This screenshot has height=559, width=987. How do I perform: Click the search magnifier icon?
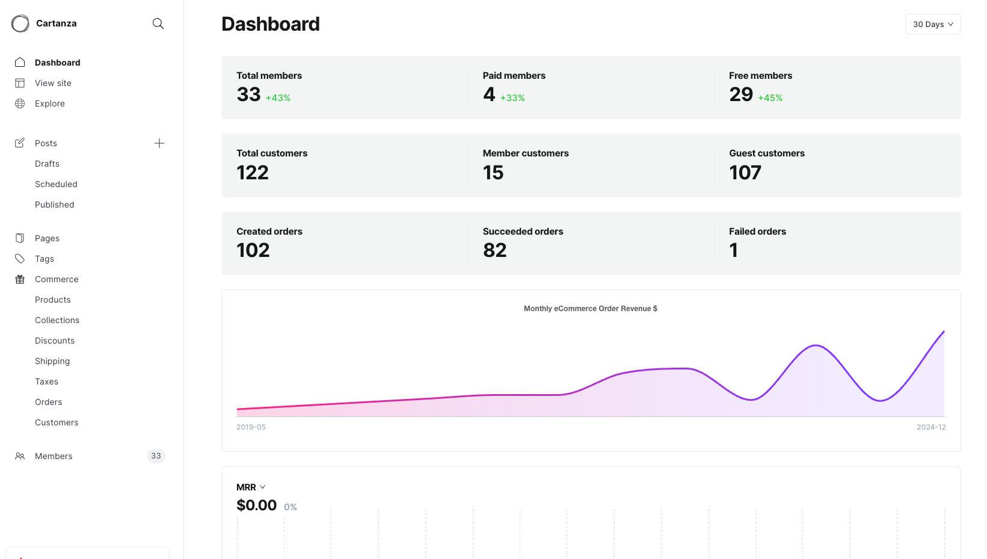pos(158,23)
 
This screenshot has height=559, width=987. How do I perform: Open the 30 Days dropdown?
pos(932,24)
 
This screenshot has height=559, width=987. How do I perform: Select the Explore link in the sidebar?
pos(49,103)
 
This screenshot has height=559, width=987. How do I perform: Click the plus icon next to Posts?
pos(159,143)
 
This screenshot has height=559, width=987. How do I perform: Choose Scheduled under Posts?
pos(56,184)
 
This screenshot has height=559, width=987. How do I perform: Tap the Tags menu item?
pos(45,259)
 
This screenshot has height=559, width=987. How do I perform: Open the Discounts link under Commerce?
pos(55,341)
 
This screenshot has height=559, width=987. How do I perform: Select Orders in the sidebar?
pos(48,402)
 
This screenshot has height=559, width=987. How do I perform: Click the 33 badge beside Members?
pos(156,456)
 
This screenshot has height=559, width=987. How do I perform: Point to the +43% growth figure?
pos(278,98)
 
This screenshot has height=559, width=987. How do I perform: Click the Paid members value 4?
pos(489,94)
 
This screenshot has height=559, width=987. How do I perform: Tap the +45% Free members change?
pos(770,98)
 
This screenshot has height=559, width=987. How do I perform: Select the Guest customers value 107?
pos(745,173)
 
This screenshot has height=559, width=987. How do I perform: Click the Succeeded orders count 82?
pos(494,250)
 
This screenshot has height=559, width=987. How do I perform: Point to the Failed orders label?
pos(757,232)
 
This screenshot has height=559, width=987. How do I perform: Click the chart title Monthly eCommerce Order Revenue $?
pos(590,309)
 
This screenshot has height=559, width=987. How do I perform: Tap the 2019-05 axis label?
pos(251,427)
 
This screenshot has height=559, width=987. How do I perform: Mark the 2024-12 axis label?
pos(931,427)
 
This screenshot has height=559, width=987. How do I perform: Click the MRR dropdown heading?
pos(251,487)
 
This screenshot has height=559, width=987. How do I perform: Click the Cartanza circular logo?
pos(20,23)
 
